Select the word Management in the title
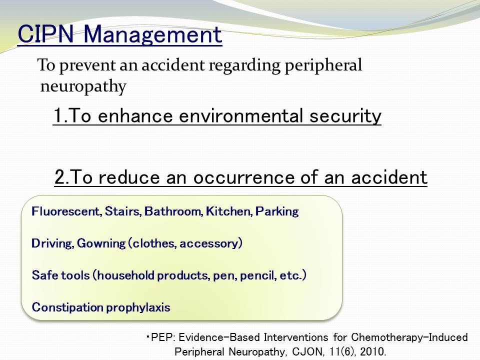pyautogui.click(x=152, y=35)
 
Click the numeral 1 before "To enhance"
pyautogui.click(x=57, y=116)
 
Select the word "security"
pyautogui.click(x=345, y=117)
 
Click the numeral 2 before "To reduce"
pyautogui.click(x=59, y=177)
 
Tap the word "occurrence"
pyautogui.click(x=244, y=177)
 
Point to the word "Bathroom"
pyautogui.click(x=173, y=211)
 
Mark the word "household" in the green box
pyautogui.click(x=125, y=275)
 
